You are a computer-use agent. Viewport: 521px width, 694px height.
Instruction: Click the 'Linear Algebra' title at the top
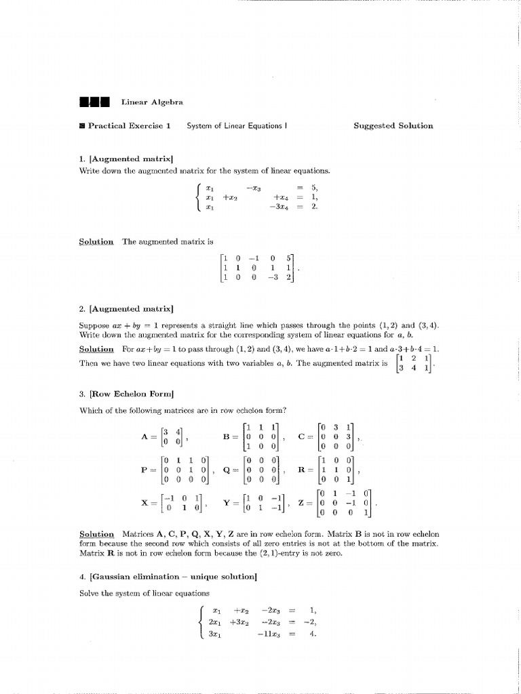click(x=152, y=102)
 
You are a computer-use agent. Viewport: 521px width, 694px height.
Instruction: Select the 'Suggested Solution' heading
click(x=393, y=125)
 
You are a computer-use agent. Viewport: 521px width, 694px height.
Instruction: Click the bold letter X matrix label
click(x=144, y=503)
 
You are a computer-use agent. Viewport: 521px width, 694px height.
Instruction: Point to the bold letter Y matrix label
click(x=227, y=503)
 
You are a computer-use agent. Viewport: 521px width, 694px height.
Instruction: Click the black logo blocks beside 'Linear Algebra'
click(x=94, y=102)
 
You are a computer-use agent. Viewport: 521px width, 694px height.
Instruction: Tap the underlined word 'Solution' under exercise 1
click(x=96, y=241)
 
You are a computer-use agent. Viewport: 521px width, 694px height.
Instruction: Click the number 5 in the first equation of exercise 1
click(x=314, y=188)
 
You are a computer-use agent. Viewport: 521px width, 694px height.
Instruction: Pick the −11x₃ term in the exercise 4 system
click(x=267, y=635)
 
